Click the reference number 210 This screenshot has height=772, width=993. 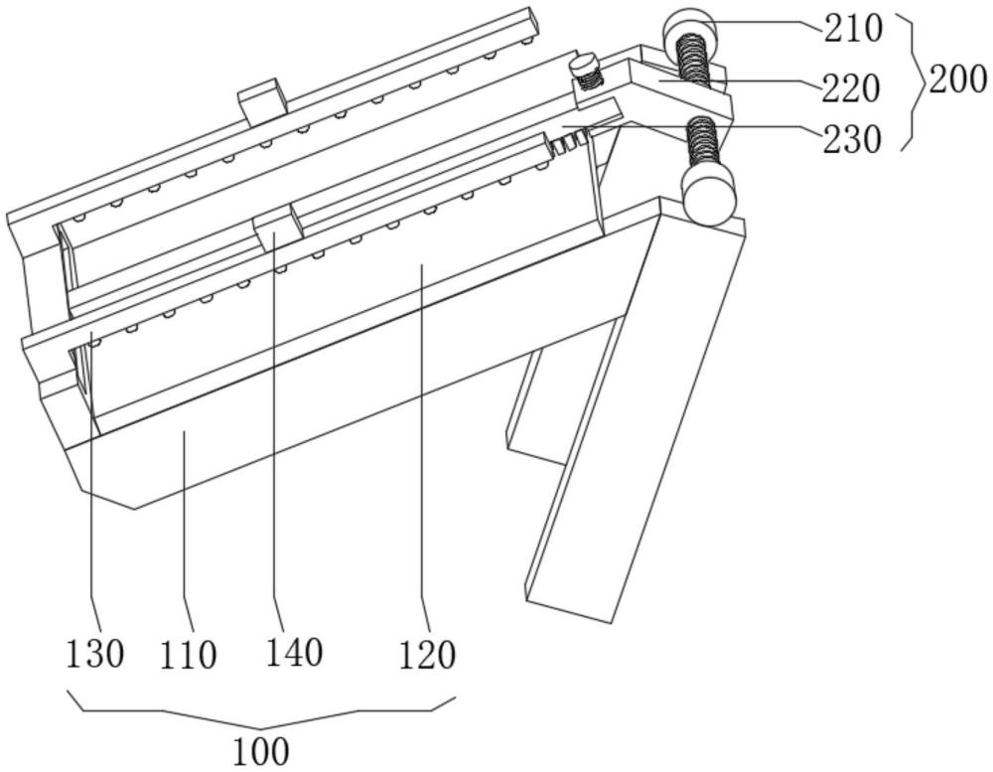coord(852,29)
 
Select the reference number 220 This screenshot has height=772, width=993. coord(851,88)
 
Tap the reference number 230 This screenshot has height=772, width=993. coord(852,139)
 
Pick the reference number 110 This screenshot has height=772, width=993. coord(188,655)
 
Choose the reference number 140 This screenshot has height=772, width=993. coord(294,652)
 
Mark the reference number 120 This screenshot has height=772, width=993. coord(427,655)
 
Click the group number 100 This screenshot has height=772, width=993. coord(261,752)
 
